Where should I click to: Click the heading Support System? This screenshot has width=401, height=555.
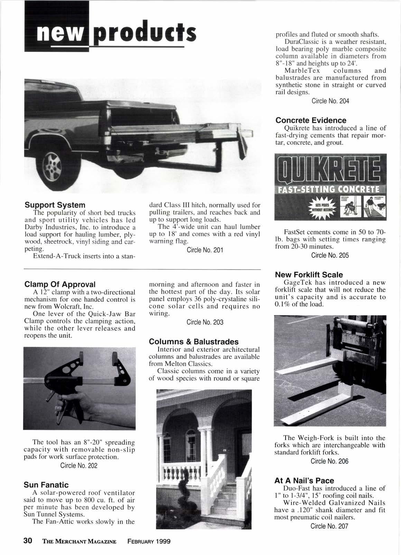[55, 204]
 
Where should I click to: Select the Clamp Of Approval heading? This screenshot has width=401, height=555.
[60, 284]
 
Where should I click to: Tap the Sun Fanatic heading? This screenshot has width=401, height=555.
[46, 485]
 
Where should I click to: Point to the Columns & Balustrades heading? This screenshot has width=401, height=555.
[194, 341]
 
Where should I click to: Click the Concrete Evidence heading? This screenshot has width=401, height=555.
[311, 120]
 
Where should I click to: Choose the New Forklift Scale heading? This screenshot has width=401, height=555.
[309, 275]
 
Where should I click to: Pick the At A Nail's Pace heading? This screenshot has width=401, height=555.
[304, 480]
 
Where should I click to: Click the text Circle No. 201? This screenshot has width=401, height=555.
[205, 250]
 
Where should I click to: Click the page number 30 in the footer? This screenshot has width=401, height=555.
[28, 540]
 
